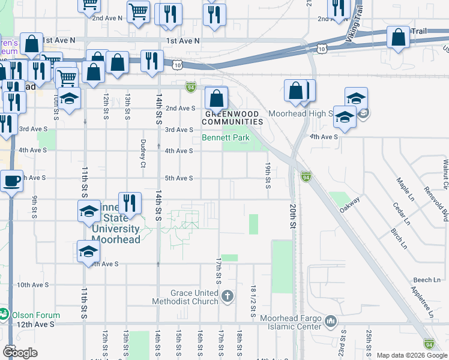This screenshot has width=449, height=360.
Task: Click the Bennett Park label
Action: click(225, 137)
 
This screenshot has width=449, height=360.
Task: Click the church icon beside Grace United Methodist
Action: click(227, 295)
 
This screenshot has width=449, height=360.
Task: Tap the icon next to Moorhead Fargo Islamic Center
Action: click(331, 322)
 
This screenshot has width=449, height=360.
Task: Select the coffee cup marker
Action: click(11, 179)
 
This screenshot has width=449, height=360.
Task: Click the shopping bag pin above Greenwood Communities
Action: click(216, 97)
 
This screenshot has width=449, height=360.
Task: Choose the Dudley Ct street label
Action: click(143, 154)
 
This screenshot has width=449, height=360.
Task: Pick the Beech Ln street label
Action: click(427, 280)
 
